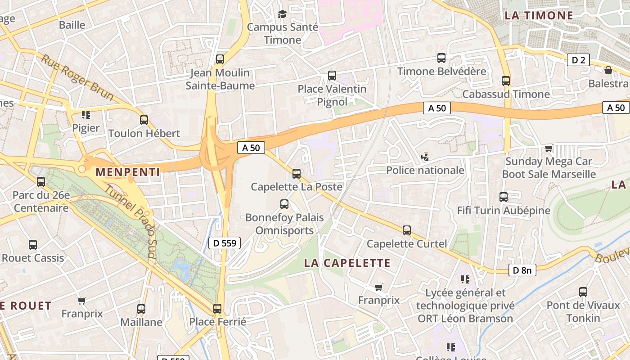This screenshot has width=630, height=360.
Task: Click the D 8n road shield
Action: (x=522, y=270)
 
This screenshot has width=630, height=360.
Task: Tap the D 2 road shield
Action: (x=578, y=60)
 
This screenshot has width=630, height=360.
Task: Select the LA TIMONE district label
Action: (x=539, y=15)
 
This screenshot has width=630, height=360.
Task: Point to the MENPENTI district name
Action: (x=128, y=172)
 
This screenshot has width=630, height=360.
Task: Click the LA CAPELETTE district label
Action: (x=347, y=263)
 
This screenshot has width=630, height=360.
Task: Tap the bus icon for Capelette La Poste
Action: (x=296, y=173)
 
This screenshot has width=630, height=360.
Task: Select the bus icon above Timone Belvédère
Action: (x=441, y=58)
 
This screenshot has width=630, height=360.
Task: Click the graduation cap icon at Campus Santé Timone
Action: (x=282, y=14)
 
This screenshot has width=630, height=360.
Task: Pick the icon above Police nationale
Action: (x=425, y=157)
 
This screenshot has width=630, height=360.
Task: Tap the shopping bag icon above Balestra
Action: (x=608, y=70)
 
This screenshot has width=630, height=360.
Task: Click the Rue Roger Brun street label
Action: (x=77, y=77)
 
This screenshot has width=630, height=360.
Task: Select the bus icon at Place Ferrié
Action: (x=217, y=309)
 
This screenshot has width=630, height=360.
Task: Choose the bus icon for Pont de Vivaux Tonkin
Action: (x=583, y=292)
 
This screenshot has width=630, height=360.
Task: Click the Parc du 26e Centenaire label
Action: (x=41, y=202)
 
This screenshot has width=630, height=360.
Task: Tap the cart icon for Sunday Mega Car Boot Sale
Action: (x=549, y=148)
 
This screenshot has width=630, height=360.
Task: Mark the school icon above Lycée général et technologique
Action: (x=465, y=279)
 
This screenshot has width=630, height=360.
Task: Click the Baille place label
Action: (x=72, y=25)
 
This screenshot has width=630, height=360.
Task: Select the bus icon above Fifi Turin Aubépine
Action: (x=504, y=197)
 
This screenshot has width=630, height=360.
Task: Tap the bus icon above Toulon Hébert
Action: (x=144, y=120)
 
